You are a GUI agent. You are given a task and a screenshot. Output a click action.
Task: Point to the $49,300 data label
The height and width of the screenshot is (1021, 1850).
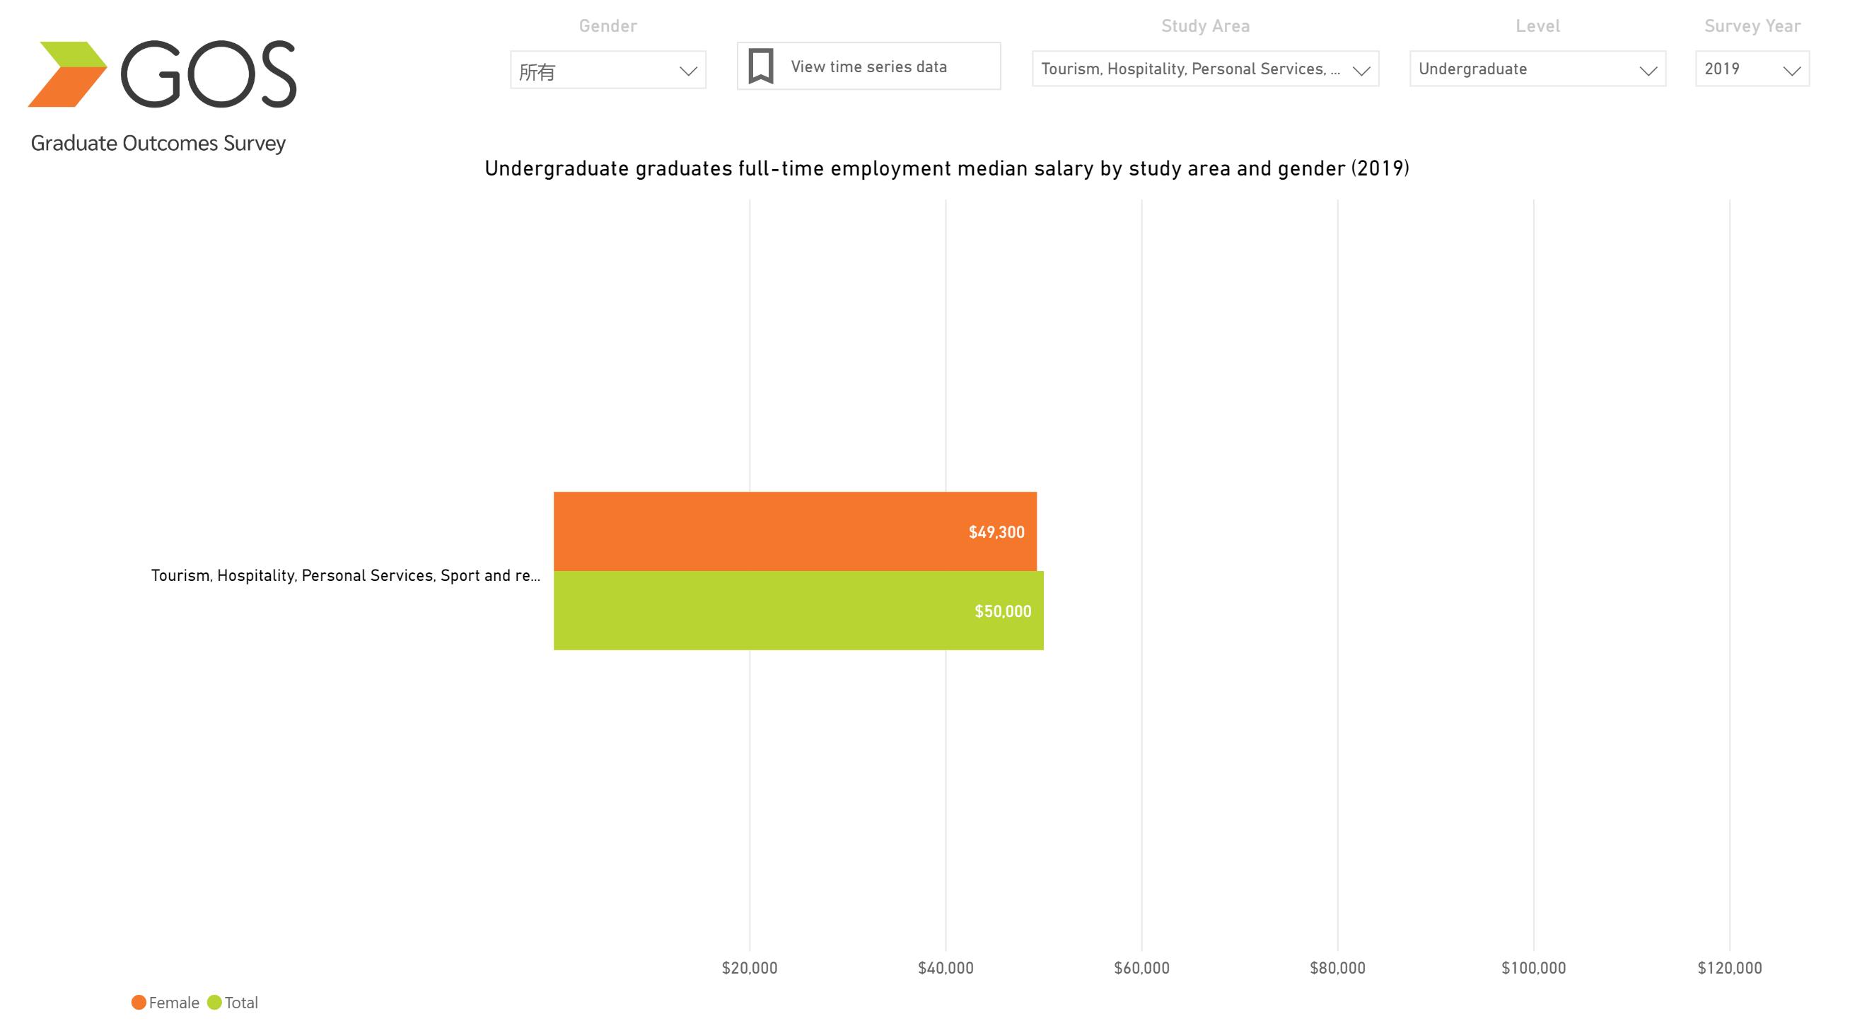point(996,532)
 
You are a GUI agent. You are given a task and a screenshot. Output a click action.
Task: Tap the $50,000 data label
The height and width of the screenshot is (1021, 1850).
point(1003,611)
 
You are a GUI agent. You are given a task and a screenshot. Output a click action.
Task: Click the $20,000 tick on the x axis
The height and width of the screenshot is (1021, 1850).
point(749,968)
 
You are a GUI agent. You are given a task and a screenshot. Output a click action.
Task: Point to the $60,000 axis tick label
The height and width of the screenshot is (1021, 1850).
point(1141,968)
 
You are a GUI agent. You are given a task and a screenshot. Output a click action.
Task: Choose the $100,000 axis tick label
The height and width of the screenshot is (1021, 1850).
point(1533,968)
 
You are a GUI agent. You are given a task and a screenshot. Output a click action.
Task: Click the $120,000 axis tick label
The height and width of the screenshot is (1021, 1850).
point(1729,968)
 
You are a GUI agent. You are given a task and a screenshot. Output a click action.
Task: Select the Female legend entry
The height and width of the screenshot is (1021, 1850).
point(166,1003)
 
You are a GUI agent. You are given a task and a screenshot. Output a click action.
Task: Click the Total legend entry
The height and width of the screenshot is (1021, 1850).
point(233,1003)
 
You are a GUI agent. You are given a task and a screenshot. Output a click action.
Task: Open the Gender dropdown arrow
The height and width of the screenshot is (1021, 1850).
point(688,71)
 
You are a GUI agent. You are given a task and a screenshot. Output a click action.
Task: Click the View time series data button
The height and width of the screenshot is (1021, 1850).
point(868,66)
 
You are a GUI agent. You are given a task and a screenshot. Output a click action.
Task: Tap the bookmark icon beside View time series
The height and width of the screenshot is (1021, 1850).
point(760,66)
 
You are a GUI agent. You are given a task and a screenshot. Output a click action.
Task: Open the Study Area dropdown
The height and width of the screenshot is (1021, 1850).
point(1204,69)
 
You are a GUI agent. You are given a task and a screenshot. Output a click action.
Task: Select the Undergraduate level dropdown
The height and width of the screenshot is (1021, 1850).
point(1537,69)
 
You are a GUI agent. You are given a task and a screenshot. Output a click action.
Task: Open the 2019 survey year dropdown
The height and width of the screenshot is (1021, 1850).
point(1752,69)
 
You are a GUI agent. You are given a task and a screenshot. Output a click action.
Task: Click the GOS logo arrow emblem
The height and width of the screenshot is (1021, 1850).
point(66,74)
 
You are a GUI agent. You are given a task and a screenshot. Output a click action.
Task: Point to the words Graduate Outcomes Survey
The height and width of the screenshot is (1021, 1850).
point(158,143)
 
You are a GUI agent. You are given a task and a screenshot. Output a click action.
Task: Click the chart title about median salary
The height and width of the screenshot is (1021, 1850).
point(946,169)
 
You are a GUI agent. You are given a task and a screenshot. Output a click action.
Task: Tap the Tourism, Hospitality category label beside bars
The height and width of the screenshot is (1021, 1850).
point(345,575)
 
